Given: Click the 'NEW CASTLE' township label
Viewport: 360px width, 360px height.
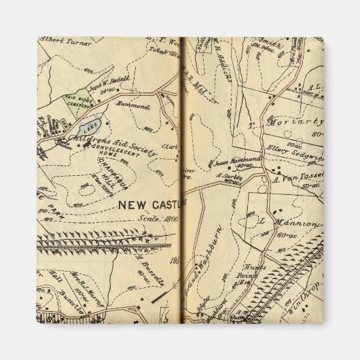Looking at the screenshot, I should click(x=151, y=204).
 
